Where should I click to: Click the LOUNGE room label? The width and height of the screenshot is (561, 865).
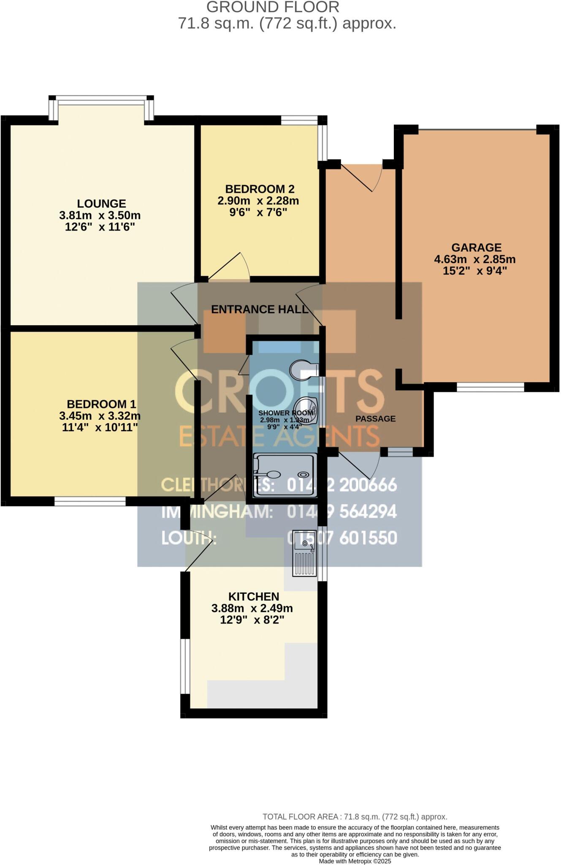(x=101, y=204)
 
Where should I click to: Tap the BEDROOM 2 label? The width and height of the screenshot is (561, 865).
(x=260, y=189)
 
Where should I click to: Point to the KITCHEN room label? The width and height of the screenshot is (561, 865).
(x=254, y=596)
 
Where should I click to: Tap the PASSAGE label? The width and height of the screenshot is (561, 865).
(x=375, y=419)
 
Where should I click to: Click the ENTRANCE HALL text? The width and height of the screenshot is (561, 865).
(x=260, y=310)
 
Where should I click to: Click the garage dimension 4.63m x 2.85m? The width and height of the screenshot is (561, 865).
(x=475, y=259)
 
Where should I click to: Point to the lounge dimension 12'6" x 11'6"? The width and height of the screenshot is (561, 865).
(x=100, y=227)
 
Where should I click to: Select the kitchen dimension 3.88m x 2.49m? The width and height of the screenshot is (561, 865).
(x=252, y=609)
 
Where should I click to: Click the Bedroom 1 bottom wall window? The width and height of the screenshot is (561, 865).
(x=90, y=501)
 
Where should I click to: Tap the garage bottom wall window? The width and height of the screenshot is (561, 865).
(x=490, y=387)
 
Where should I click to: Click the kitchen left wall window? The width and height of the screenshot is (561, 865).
(x=185, y=666)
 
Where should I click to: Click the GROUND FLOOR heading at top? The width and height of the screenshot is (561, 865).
(x=273, y=7)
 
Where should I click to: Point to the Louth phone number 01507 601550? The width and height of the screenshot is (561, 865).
(x=342, y=538)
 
